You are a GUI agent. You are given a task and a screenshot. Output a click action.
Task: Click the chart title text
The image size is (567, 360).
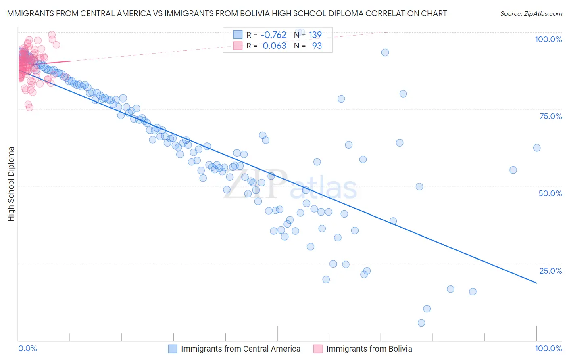click(x=226, y=13)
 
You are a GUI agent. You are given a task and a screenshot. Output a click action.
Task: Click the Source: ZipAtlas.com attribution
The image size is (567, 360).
click(x=531, y=13)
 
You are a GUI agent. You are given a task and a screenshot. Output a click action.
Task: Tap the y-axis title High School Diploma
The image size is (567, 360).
click(x=11, y=184)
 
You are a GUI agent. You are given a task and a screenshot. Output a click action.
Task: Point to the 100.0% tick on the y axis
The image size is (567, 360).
click(x=548, y=39)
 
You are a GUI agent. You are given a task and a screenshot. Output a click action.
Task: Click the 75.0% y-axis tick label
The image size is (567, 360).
click(x=550, y=116)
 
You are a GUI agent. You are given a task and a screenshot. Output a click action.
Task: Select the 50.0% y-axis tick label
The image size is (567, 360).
click(x=550, y=193)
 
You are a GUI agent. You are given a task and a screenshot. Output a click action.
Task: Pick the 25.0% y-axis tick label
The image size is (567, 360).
click(x=550, y=270)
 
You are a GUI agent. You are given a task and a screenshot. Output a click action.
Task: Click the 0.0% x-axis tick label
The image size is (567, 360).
click(x=27, y=348)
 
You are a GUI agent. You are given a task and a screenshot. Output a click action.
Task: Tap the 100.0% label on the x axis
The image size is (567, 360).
click(x=548, y=348)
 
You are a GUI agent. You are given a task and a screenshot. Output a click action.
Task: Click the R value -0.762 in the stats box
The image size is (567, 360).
click(x=273, y=35)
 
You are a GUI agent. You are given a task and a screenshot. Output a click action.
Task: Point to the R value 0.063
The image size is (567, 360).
click(x=274, y=46)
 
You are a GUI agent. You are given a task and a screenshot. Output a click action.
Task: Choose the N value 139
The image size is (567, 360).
click(x=315, y=35)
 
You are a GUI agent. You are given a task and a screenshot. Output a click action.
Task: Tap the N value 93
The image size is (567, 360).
click(x=317, y=46)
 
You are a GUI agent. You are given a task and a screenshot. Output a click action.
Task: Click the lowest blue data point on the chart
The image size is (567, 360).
click(x=421, y=323)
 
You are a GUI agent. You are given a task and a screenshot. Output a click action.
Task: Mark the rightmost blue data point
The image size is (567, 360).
click(x=537, y=148)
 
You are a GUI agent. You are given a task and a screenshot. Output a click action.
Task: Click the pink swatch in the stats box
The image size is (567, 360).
click(x=238, y=46)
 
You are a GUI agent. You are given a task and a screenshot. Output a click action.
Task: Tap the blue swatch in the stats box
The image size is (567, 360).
click(x=238, y=35)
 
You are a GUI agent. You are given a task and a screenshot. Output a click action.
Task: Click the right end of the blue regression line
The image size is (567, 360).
click(x=536, y=283)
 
